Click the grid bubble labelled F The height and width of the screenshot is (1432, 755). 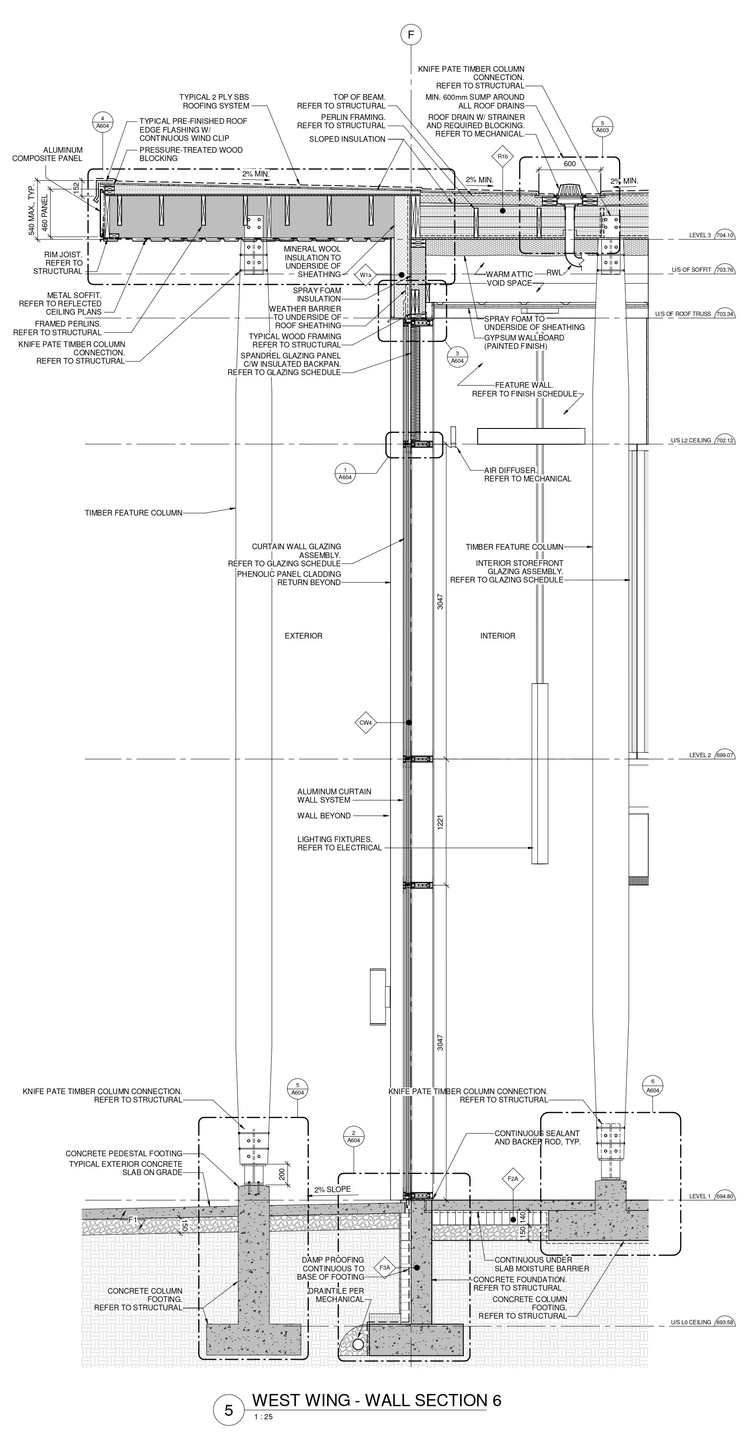click(411, 35)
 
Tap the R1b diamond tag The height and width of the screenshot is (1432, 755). click(502, 157)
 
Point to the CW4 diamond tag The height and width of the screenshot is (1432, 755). click(365, 723)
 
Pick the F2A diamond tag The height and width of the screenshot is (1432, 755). click(512, 1179)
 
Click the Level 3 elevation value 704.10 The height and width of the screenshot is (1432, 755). click(724, 235)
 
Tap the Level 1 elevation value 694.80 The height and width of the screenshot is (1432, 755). click(724, 1196)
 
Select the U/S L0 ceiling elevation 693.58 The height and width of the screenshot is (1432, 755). click(724, 1322)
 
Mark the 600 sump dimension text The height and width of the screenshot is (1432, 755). click(570, 164)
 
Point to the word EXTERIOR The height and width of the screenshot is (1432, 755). click(303, 636)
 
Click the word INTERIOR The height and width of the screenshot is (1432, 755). click(497, 636)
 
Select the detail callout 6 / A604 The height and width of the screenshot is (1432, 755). click(653, 1086)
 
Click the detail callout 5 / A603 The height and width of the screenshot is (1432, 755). click(602, 127)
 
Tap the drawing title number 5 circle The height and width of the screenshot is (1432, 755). click(229, 1410)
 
